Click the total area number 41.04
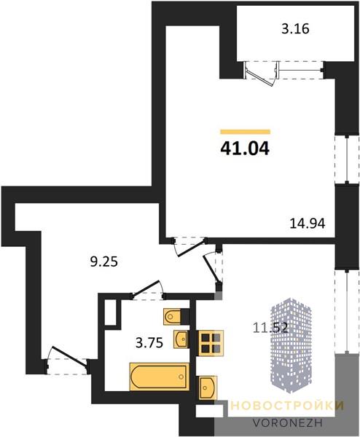coord(245,149)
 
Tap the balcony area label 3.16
coord(295,29)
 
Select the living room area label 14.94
coord(308,224)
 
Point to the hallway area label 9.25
coord(104,261)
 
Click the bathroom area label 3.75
coord(149,343)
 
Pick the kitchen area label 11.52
coord(270,328)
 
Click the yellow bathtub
coord(159,377)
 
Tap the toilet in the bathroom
coord(173,316)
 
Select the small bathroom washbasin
coord(181,339)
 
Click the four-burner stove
coord(211,343)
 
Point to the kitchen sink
coord(208,387)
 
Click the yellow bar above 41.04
coord(246,132)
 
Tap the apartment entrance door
coord(69,356)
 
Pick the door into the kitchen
coord(212,268)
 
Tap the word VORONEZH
coord(288,422)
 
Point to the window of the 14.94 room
coord(347,160)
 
